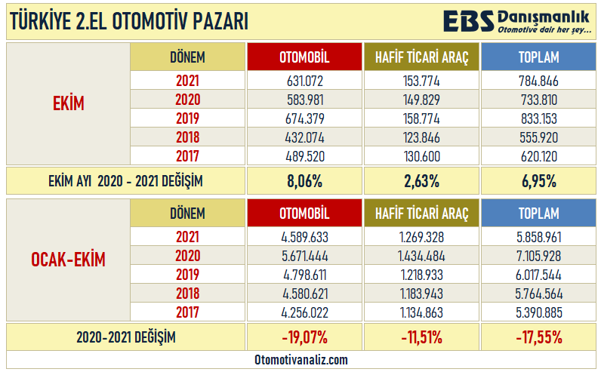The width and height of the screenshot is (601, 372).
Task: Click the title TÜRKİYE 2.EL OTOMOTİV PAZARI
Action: (129, 23)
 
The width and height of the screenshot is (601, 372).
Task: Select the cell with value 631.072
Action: (305, 81)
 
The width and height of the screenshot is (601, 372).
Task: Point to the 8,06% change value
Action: (305, 181)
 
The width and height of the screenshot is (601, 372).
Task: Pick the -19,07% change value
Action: (305, 337)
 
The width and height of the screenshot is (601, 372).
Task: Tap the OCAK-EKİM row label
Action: (68, 260)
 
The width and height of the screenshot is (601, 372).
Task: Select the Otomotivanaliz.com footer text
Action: (300, 361)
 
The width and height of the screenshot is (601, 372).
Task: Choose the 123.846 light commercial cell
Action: (421, 137)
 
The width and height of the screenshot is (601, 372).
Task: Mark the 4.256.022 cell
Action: (305, 312)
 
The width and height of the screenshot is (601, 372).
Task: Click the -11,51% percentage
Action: (421, 337)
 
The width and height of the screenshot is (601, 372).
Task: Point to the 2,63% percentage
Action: (421, 181)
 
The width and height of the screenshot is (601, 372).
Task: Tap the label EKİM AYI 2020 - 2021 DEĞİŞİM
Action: (125, 181)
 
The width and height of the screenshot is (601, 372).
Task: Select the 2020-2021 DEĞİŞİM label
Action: (125, 337)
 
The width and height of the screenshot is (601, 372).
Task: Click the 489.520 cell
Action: (305, 156)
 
